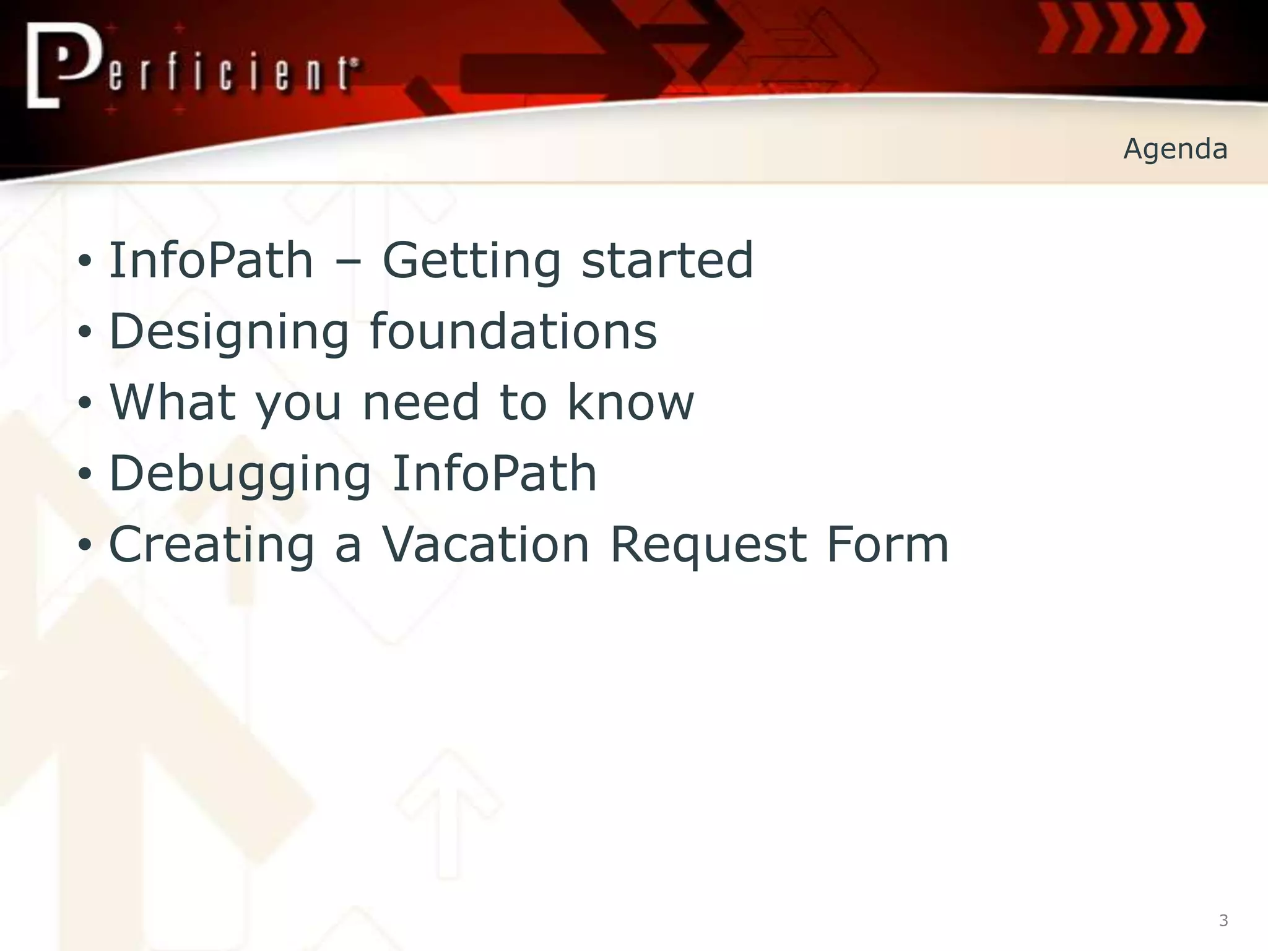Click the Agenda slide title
1175,149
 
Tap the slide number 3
1223,921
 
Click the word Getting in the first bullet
471,261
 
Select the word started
667,261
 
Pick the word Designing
229,332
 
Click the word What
173,402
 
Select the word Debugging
240,474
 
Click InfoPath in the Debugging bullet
494,473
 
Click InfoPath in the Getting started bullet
211,261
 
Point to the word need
420,402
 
